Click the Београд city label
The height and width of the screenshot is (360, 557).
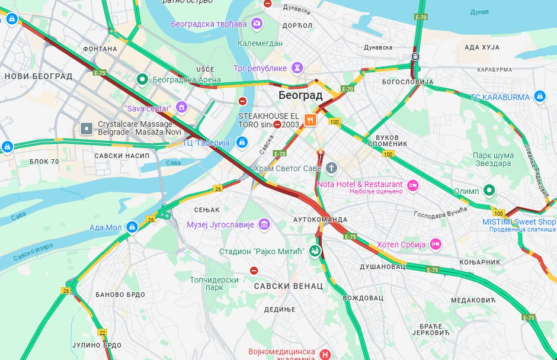tap(300, 95)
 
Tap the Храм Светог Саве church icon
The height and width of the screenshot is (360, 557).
tap(331, 168)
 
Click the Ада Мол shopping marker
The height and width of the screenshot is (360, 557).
tap(132, 227)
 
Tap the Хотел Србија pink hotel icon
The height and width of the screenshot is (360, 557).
tap(436, 244)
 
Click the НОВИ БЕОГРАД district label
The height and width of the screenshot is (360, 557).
tap(38, 76)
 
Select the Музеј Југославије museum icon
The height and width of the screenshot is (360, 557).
tap(264, 224)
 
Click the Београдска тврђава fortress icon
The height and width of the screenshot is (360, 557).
tap(257, 24)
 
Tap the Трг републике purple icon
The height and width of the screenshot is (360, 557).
tap(297, 68)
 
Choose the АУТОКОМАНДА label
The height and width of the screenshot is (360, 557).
tap(319, 219)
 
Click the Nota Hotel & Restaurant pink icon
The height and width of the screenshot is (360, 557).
tap(413, 185)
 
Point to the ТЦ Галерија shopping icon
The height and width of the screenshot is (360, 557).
tap(241, 142)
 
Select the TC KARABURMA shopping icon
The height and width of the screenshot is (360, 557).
tap(539, 97)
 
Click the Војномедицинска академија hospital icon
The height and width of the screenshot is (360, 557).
tap(325, 354)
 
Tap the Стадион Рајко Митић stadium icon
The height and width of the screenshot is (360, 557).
tap(314, 251)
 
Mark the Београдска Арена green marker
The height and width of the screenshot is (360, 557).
tap(142, 79)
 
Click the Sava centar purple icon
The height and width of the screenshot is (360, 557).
tap(181, 108)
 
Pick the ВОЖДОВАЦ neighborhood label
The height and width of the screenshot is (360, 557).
tap(363, 298)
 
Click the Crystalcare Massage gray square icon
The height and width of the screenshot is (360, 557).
tap(87, 128)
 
